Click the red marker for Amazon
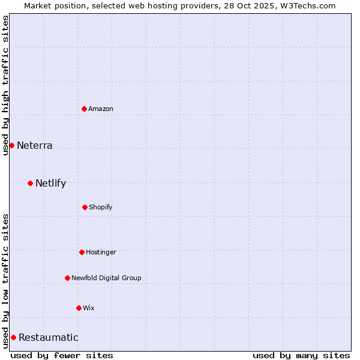click(84, 109)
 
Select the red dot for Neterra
click(11, 145)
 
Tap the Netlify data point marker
click(30, 183)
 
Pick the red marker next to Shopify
click(85, 207)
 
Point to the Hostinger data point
click(82, 252)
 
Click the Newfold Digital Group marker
click(67, 278)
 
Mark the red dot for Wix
click(79, 308)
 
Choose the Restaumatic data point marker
click(13, 337)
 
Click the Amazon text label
click(101, 109)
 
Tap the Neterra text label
click(35, 145)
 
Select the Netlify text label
click(51, 183)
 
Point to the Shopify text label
click(101, 207)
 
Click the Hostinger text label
click(101, 252)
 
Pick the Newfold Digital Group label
click(107, 278)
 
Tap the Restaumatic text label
click(49, 337)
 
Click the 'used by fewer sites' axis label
click(62, 355)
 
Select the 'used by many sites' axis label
click(301, 355)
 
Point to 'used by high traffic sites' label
click(5, 85)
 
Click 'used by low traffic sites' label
click(5, 281)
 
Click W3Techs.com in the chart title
click(306, 5)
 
